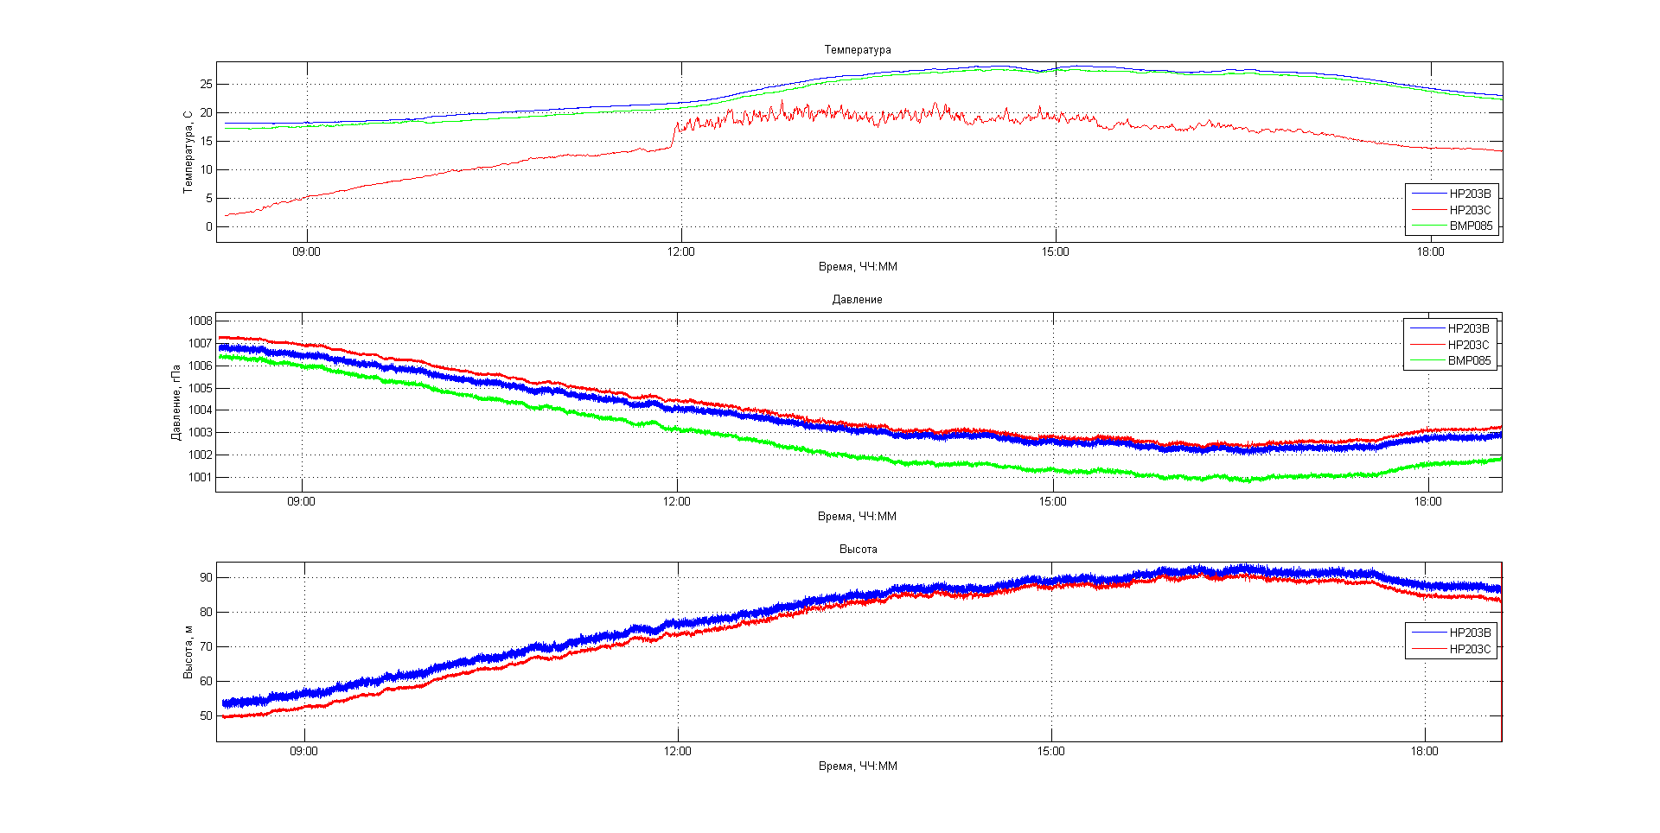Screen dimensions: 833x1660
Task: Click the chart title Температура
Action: [x=857, y=50]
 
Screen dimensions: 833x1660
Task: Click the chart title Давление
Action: [x=857, y=300]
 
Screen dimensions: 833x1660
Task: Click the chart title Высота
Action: [x=858, y=550]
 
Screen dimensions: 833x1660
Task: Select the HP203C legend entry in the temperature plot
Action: [x=1470, y=210]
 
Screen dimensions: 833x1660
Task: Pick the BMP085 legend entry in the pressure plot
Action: [x=1469, y=361]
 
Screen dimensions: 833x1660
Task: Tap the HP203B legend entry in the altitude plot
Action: [x=1470, y=633]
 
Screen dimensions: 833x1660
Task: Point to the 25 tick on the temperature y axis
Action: [x=206, y=85]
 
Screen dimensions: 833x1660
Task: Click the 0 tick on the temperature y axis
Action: [x=208, y=227]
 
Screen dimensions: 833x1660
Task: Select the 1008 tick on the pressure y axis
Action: [x=201, y=321]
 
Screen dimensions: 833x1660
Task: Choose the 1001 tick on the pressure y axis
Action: [x=201, y=478]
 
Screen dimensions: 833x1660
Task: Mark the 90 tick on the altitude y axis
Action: [x=206, y=578]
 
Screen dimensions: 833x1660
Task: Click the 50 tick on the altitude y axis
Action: [x=206, y=716]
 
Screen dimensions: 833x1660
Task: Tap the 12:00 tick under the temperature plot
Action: [x=680, y=252]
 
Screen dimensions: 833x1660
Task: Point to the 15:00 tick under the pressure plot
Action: [x=1052, y=502]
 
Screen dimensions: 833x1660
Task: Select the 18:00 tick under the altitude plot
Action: [x=1425, y=752]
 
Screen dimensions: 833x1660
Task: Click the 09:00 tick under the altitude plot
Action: [x=303, y=752]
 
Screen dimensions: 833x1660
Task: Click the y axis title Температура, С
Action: [x=188, y=152]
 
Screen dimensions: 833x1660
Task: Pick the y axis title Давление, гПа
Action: [x=176, y=402]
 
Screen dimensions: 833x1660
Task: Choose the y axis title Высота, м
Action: [x=188, y=652]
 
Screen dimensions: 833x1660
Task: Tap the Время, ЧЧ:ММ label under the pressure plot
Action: [x=857, y=517]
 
